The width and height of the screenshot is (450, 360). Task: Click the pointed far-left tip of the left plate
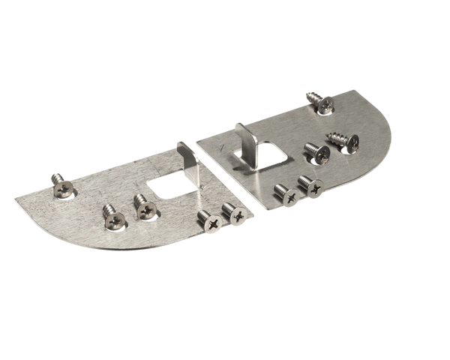pos(16,199)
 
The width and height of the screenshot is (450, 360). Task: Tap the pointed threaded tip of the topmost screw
pos(308,94)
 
